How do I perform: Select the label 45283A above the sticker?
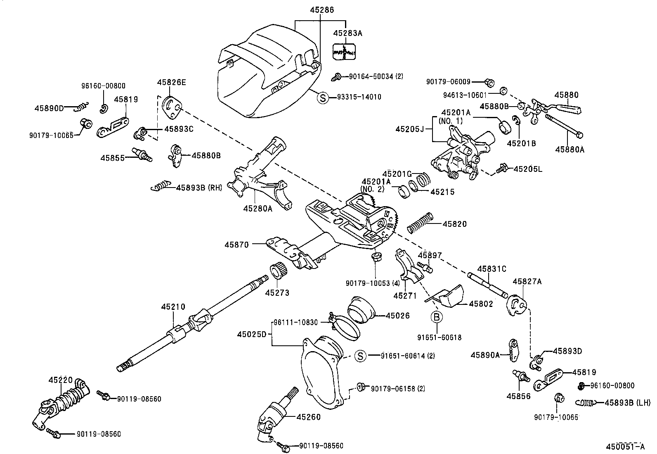click(x=347, y=33)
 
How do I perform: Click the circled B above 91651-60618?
click(x=436, y=317)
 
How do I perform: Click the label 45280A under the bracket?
click(x=258, y=208)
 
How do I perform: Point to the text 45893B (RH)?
click(x=199, y=188)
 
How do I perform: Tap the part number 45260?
click(x=308, y=417)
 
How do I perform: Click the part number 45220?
click(x=60, y=380)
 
